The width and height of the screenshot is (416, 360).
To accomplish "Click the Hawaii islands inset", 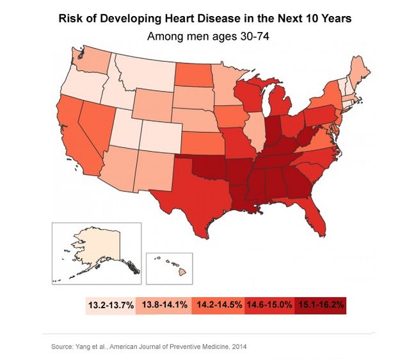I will (x=171, y=267).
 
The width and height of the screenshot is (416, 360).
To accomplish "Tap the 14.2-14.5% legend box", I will (x=218, y=305).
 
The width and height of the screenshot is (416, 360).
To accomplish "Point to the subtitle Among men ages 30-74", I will (x=207, y=37).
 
